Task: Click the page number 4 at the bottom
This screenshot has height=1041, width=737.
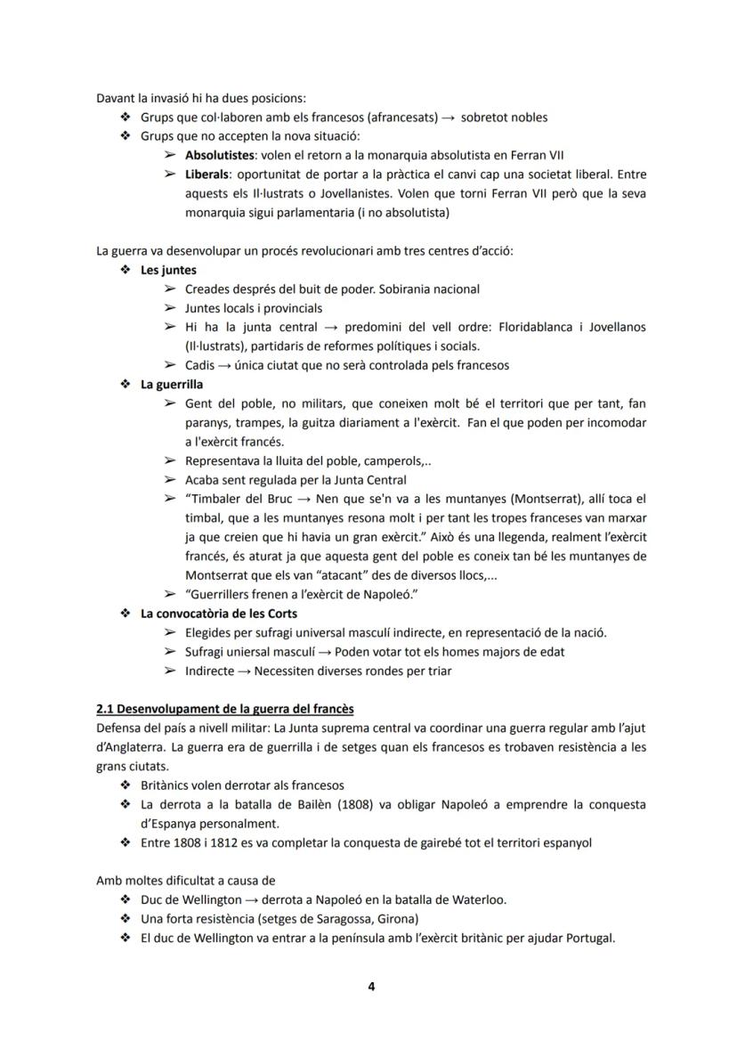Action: (x=370, y=986)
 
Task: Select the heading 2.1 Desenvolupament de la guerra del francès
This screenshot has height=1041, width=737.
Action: (x=225, y=709)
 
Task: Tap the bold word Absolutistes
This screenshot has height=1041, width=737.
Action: (x=218, y=155)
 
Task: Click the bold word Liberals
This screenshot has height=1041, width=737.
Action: (x=207, y=175)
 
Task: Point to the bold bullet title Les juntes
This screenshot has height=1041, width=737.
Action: (x=169, y=270)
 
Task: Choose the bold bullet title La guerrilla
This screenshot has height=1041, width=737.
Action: (x=172, y=385)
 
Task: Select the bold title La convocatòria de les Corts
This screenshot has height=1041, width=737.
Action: (x=219, y=614)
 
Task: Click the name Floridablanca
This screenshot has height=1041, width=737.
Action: (x=495, y=327)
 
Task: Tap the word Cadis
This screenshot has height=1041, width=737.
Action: (x=200, y=365)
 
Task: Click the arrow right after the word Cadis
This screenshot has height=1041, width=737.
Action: (x=227, y=365)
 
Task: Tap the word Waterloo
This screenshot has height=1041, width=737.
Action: (x=476, y=899)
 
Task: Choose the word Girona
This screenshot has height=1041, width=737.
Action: (x=398, y=919)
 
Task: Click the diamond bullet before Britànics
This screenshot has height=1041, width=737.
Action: (x=124, y=785)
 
